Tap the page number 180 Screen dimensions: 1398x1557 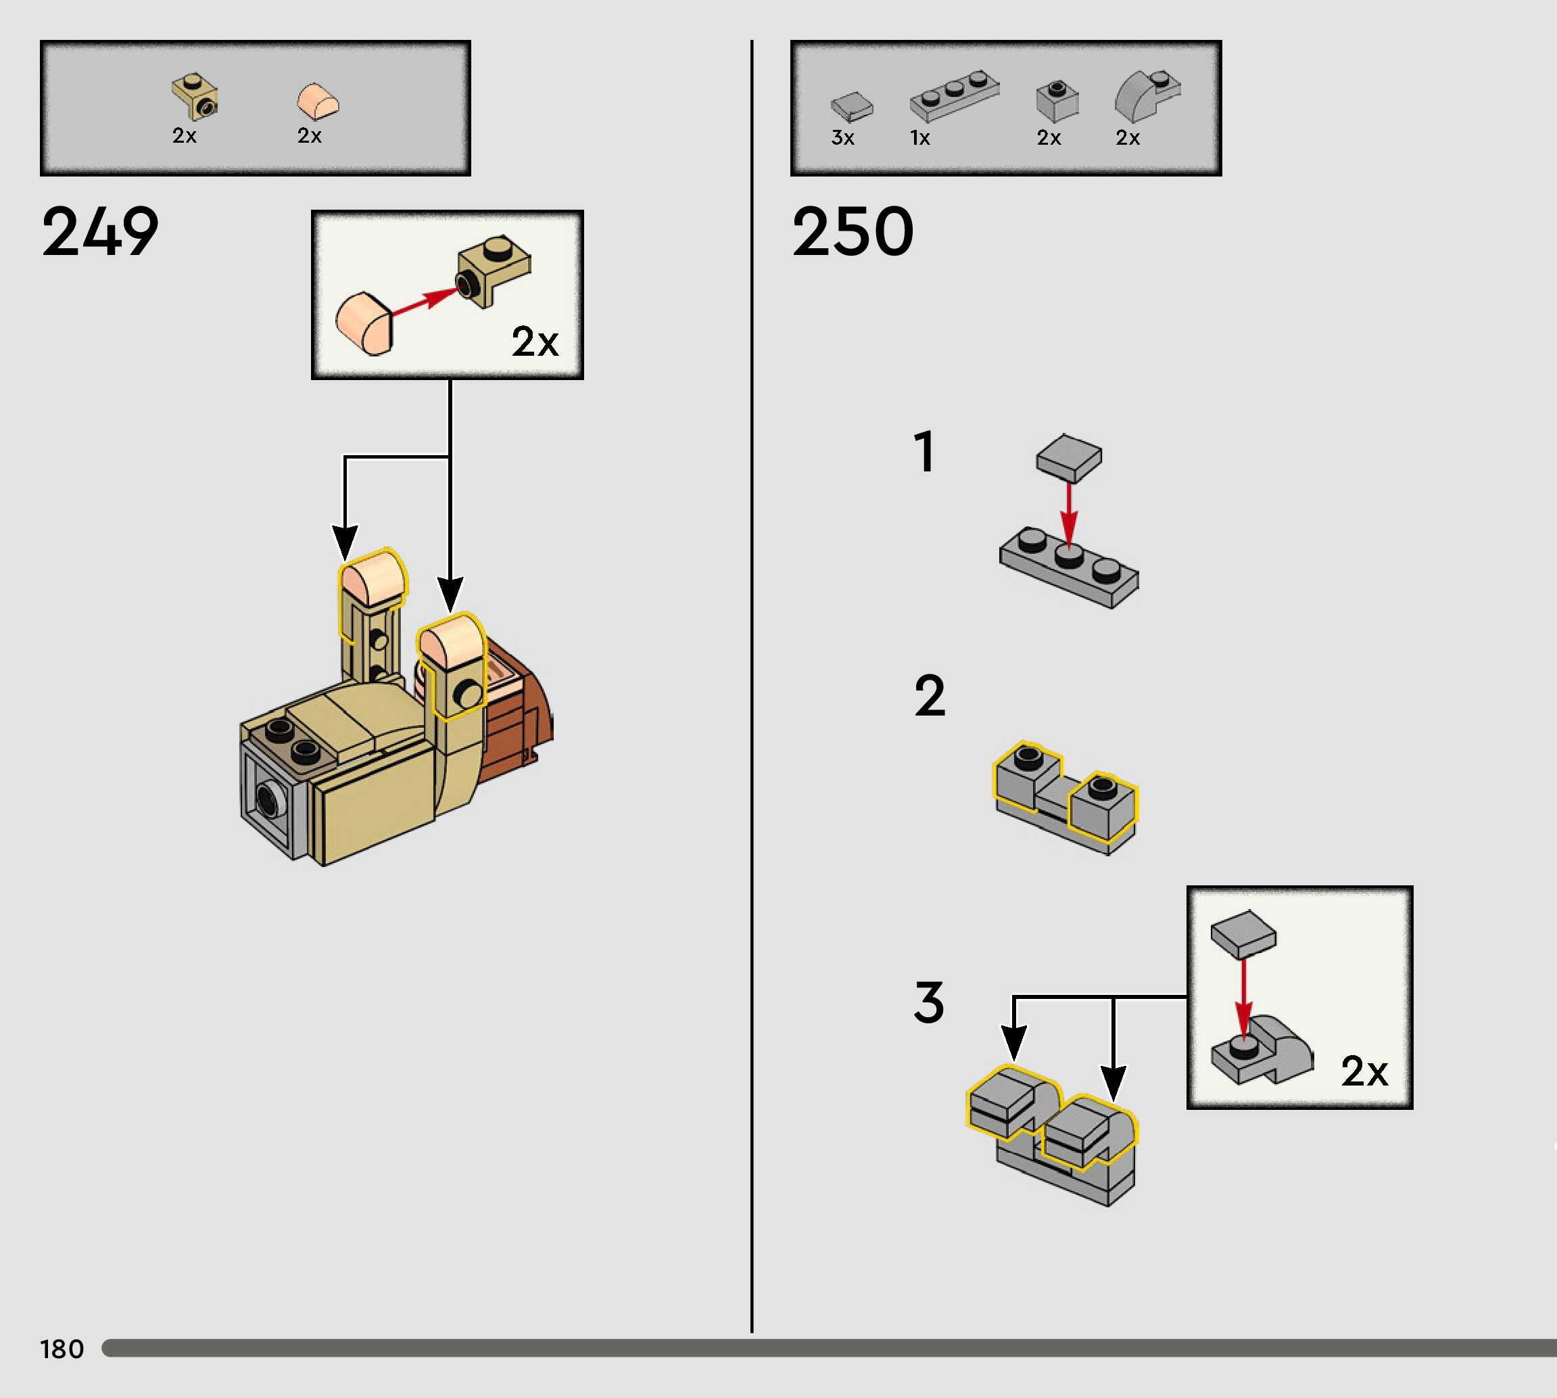coord(62,1349)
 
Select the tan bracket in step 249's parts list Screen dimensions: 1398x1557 coord(195,97)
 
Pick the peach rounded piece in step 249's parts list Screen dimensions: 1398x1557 coord(318,101)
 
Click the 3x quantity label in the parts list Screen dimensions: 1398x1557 coord(842,138)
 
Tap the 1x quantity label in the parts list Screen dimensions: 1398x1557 coord(919,138)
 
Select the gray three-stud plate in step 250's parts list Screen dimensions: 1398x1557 coord(955,96)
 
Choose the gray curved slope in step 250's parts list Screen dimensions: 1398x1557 coord(1145,96)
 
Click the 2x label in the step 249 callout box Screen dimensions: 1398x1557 coord(535,341)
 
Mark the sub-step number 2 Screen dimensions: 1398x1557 coord(930,696)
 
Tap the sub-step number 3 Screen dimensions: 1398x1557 coord(929,1002)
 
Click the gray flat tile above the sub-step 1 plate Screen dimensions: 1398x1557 coord(1069,457)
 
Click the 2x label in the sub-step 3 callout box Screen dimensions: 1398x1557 coord(1364,1071)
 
